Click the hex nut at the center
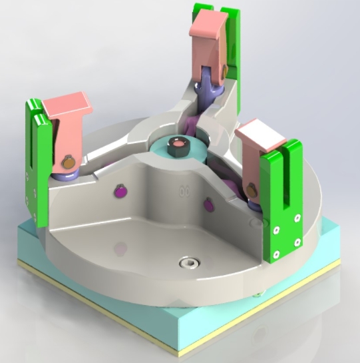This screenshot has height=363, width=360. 178,145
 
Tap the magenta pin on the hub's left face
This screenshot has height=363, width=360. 120,191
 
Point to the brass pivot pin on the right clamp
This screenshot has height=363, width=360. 252,191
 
